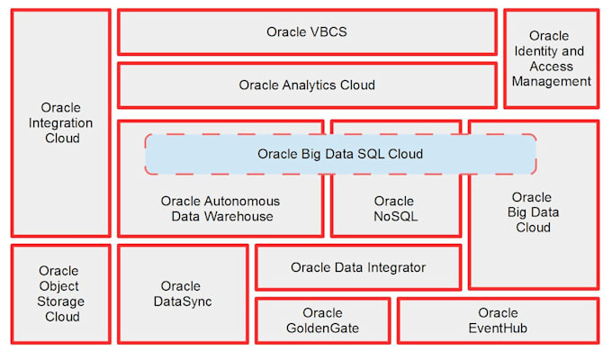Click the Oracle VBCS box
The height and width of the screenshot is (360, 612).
click(307, 31)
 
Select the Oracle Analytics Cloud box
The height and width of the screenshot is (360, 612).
click(307, 85)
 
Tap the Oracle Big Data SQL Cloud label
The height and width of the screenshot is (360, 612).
click(340, 154)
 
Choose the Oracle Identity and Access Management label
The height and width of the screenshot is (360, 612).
click(549, 58)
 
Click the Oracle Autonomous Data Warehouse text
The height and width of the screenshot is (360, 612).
click(220, 209)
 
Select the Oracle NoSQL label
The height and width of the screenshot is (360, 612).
click(394, 209)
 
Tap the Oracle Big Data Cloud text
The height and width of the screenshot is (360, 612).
click(531, 212)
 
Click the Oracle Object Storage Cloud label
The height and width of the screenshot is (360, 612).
click(59, 293)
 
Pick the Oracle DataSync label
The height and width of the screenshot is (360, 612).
click(182, 294)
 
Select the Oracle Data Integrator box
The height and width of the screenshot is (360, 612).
click(358, 267)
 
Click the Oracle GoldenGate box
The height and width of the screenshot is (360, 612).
click(322, 320)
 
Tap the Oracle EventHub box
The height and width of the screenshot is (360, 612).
click(498, 320)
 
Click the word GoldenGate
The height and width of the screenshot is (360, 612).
click(322, 328)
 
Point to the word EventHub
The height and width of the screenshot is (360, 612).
click(498, 328)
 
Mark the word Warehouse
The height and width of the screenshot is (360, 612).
click(240, 216)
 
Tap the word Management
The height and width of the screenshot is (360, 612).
click(549, 81)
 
